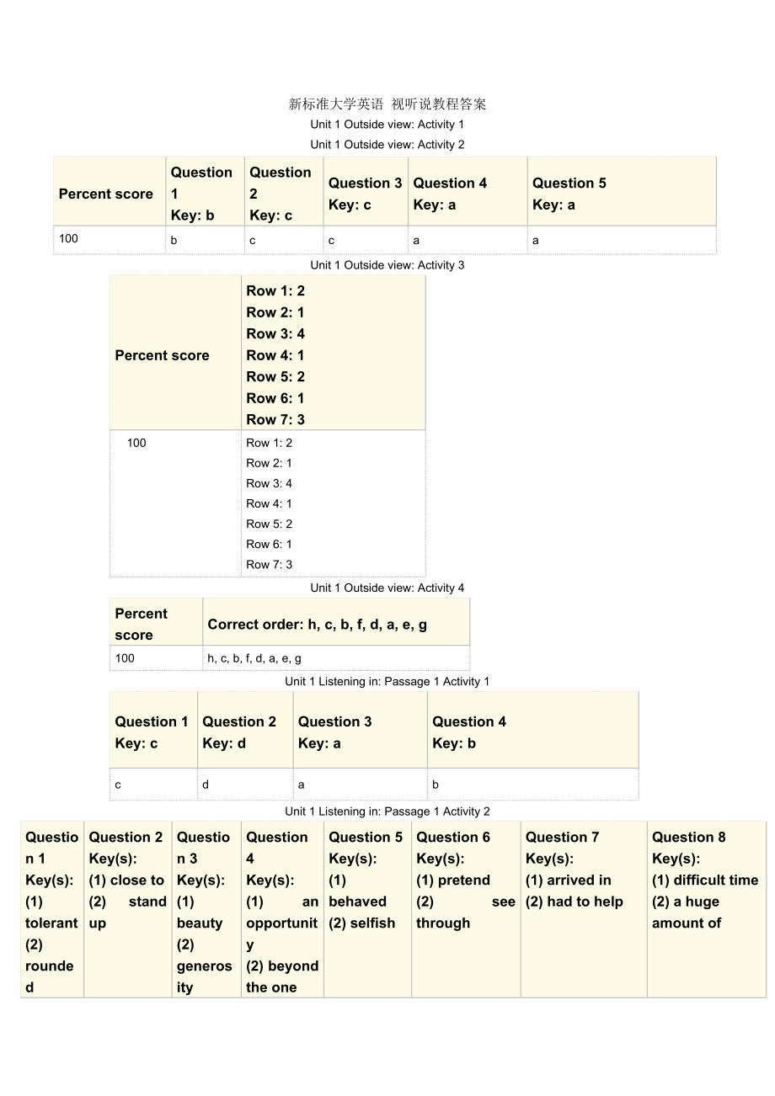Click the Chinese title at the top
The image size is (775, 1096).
(x=387, y=104)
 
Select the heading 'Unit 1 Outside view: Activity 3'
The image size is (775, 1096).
(x=387, y=265)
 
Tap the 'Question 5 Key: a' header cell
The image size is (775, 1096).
(x=569, y=194)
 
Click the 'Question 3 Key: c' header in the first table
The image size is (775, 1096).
(x=365, y=194)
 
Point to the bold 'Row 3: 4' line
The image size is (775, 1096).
(x=275, y=333)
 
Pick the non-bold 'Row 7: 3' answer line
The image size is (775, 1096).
(x=269, y=565)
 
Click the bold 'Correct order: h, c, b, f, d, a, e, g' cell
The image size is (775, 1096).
(x=317, y=625)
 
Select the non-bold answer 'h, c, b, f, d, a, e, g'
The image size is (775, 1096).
(x=254, y=658)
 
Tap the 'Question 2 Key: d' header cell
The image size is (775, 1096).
(x=239, y=732)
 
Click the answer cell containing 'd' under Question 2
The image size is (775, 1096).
(x=206, y=785)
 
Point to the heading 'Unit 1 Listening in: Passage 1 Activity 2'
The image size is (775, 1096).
(x=387, y=811)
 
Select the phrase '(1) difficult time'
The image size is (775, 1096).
(x=705, y=881)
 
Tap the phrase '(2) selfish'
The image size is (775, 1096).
(x=361, y=923)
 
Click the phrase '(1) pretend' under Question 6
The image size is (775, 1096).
(x=453, y=881)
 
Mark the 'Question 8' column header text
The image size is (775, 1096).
(x=688, y=838)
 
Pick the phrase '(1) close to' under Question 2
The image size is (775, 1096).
(x=126, y=881)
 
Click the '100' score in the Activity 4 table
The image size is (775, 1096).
(x=125, y=658)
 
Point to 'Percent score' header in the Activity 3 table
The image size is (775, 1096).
(x=162, y=355)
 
